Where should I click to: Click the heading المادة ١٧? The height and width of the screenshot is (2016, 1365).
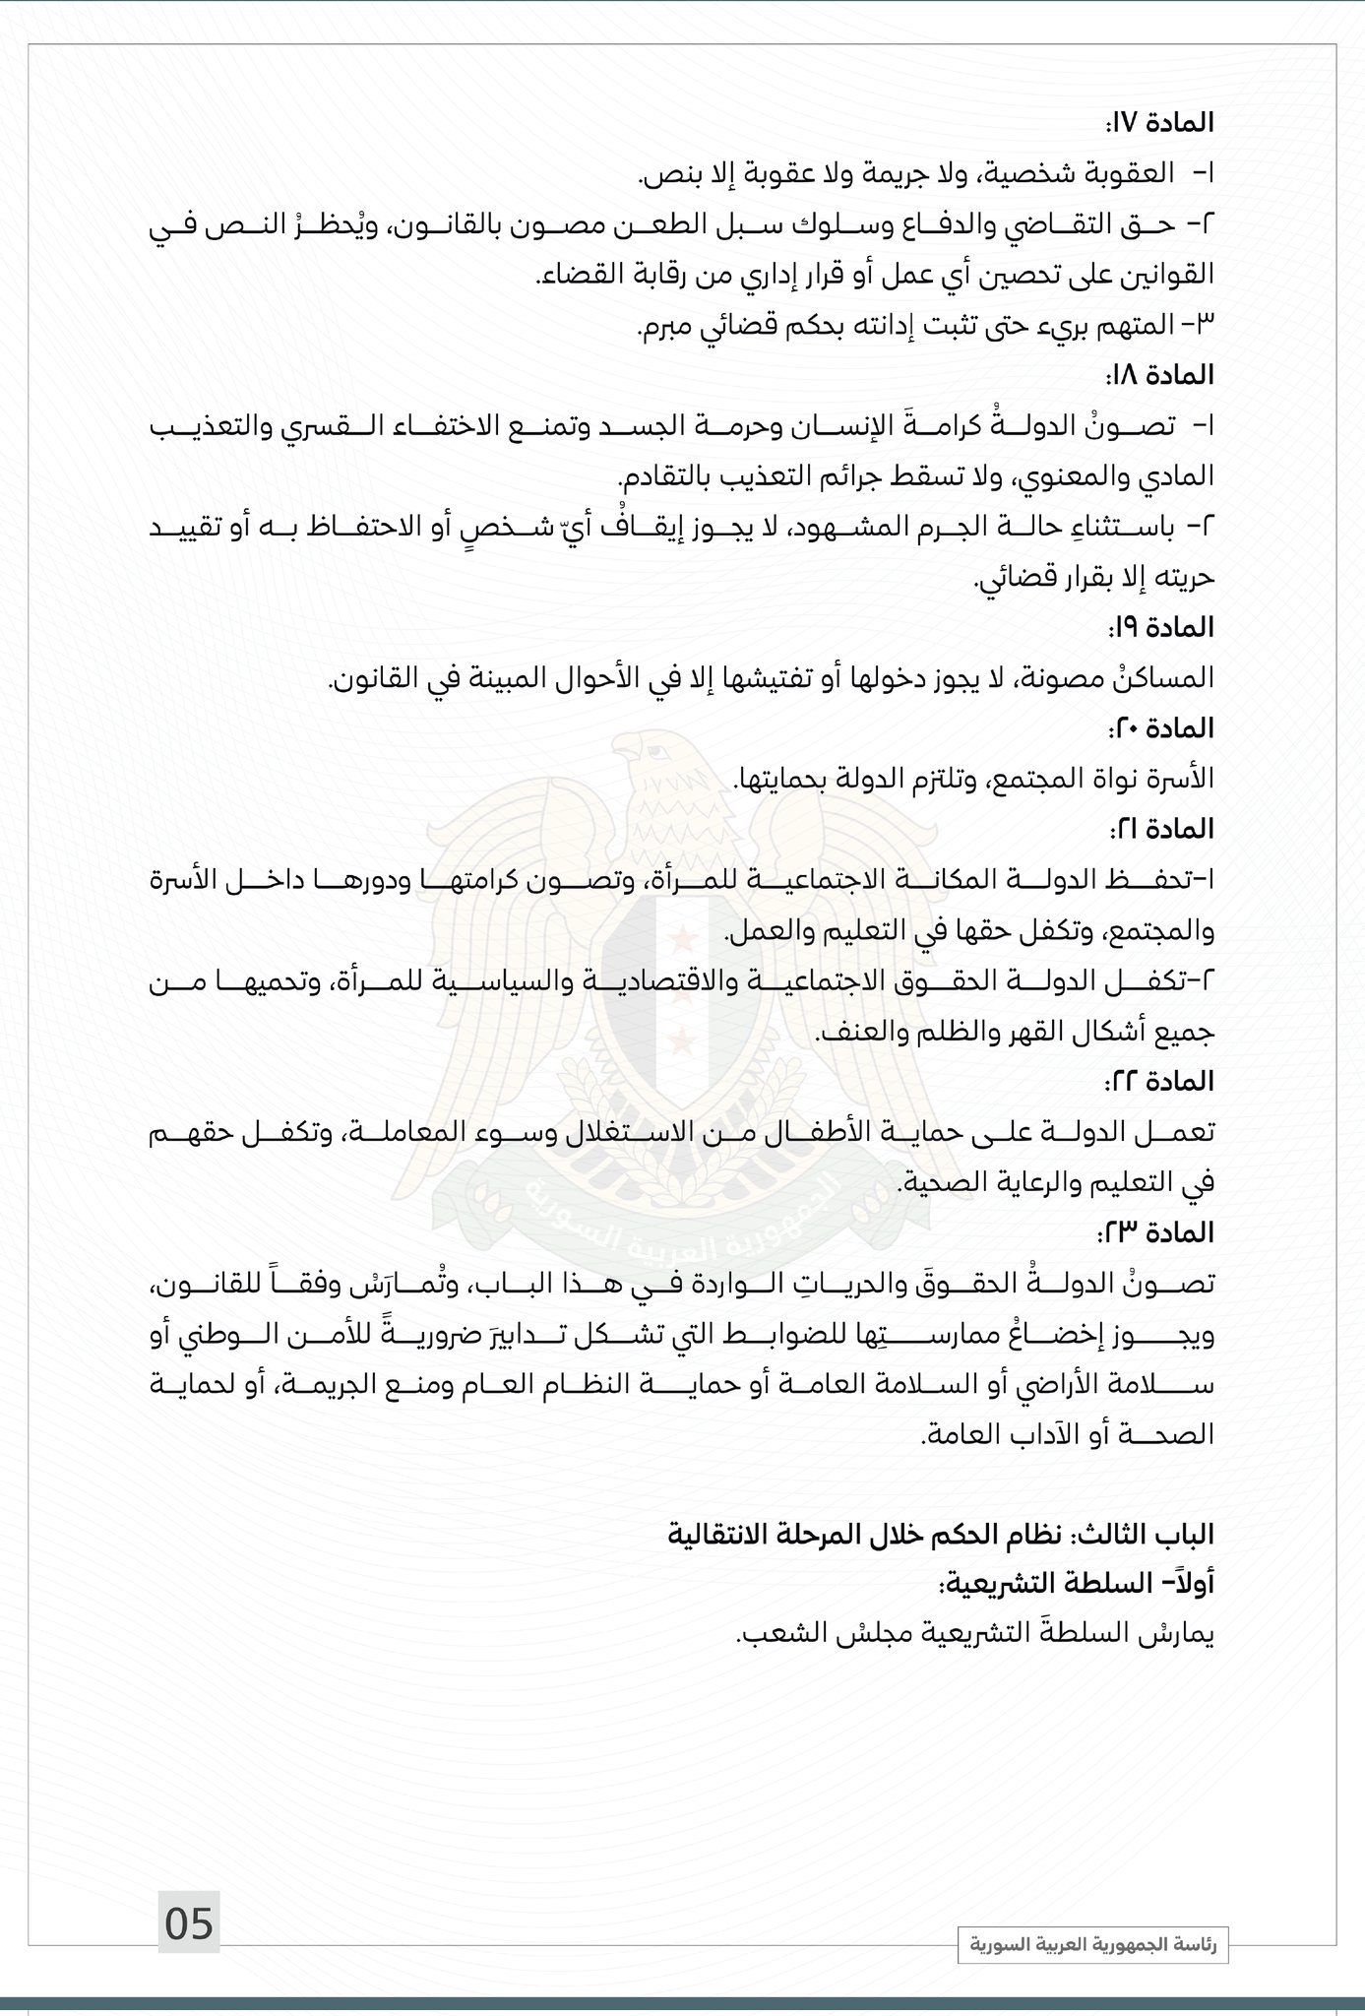(x=1164, y=123)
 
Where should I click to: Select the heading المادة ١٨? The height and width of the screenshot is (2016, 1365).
(x=1164, y=375)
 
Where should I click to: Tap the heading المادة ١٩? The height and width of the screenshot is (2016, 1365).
(x=1164, y=627)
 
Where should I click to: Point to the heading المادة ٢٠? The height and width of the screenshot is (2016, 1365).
(x=1164, y=728)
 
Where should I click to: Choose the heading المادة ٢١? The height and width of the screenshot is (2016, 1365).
(x=1164, y=829)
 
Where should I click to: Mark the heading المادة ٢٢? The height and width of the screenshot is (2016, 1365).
(x=1161, y=1081)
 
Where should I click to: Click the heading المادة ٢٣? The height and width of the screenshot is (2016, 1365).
(x=1161, y=1232)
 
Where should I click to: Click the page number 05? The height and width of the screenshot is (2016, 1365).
(x=189, y=1922)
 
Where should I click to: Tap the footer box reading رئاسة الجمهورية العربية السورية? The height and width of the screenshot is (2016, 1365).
(x=1093, y=1945)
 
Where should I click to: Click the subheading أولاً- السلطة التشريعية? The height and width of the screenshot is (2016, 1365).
(x=1078, y=1585)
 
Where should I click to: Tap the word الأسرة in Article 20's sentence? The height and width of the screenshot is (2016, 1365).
(x=1181, y=779)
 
